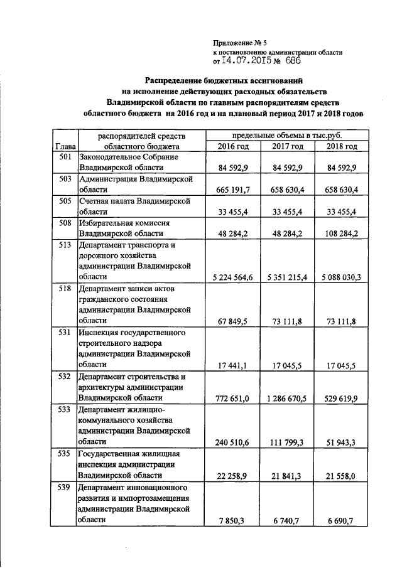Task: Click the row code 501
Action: pos(63,156)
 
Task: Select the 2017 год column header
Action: pos(288,146)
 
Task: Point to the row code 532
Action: pos(63,377)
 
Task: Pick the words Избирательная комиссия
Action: pos(121,223)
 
